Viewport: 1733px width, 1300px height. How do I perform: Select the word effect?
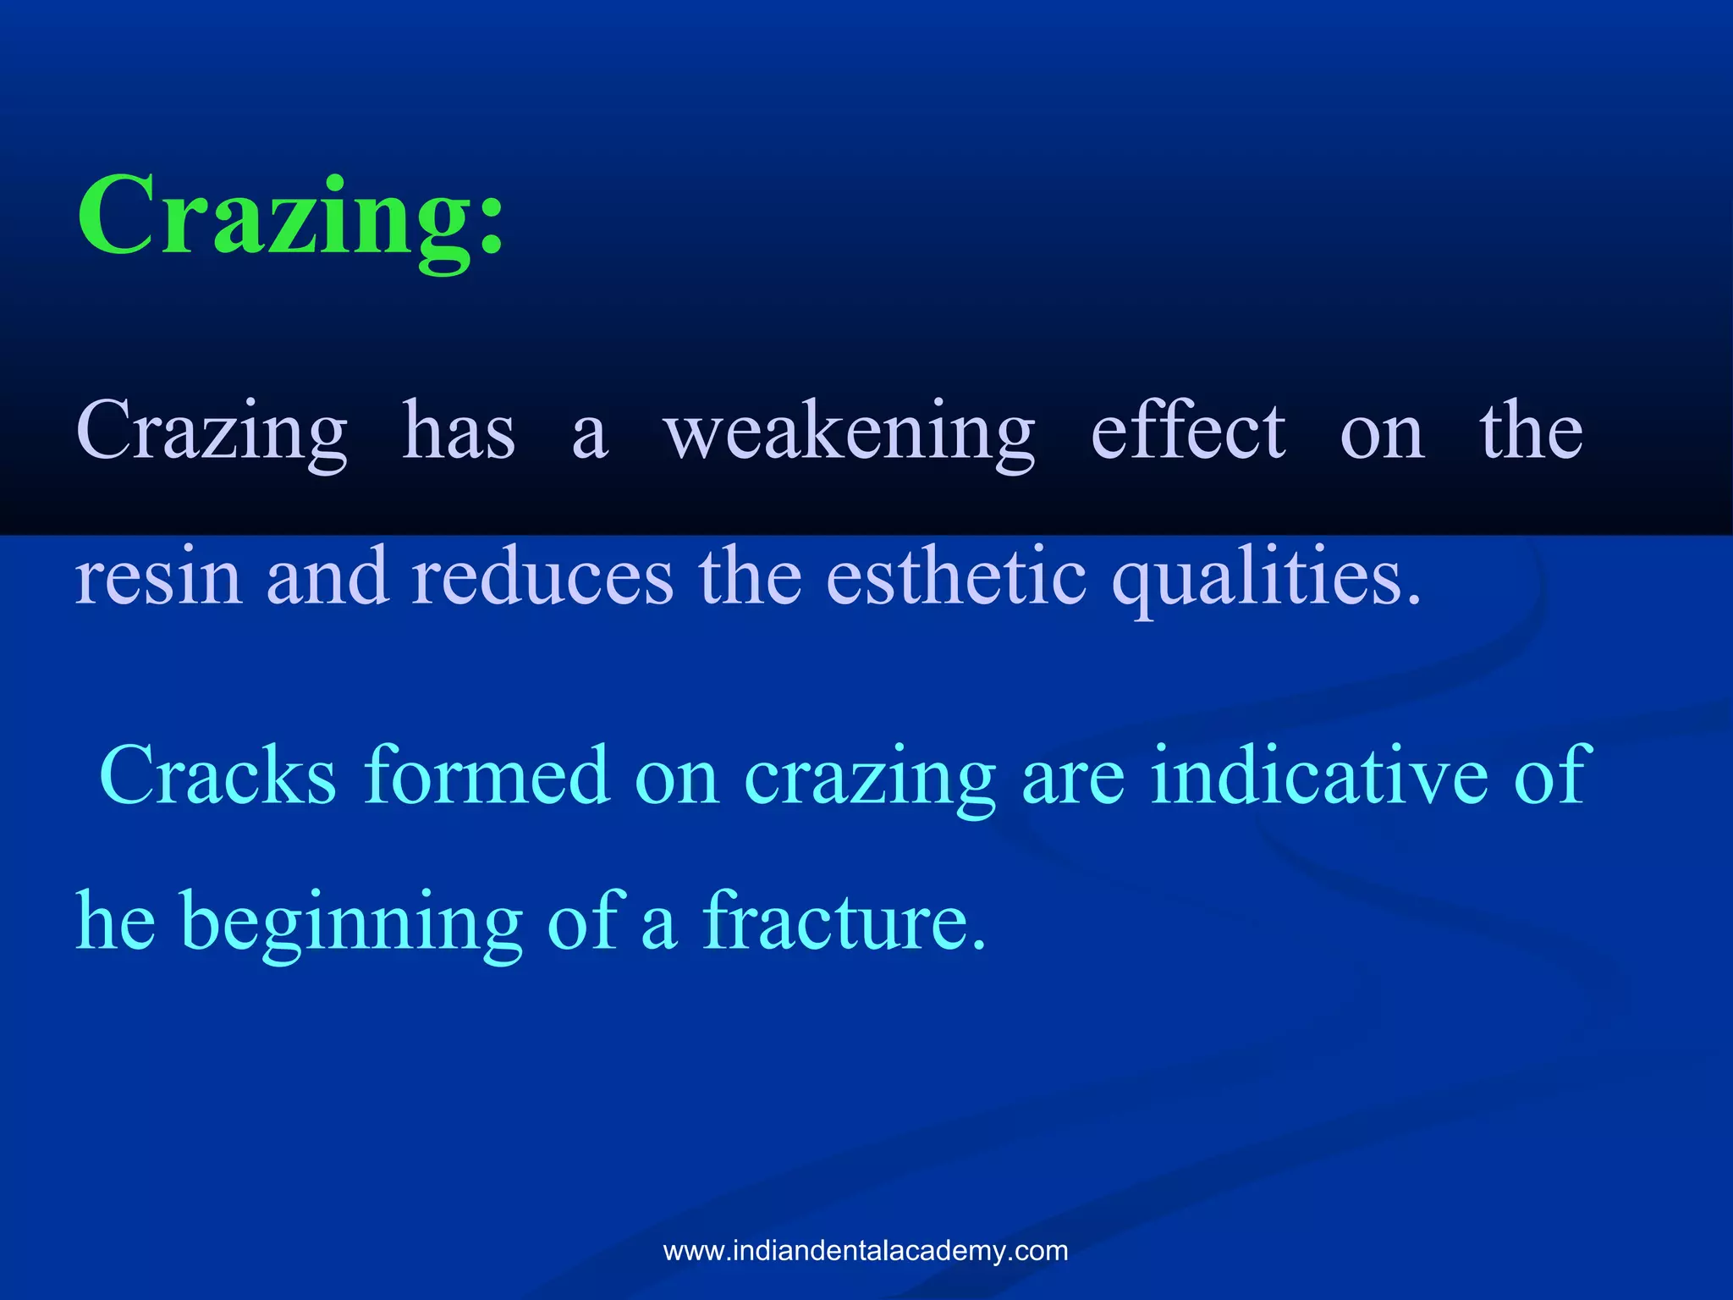1188,432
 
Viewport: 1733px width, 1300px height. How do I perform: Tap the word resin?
158,576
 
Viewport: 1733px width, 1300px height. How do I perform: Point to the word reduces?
542,576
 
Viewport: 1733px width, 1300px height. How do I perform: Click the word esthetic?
956,576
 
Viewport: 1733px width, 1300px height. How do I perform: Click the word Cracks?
218,774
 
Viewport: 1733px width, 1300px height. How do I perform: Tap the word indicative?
1319,774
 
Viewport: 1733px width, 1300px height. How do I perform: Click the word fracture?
844,921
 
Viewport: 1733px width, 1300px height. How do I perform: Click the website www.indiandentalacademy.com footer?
866,1251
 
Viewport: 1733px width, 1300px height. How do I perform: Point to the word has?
458,432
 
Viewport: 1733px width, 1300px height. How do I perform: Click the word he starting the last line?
116,921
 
